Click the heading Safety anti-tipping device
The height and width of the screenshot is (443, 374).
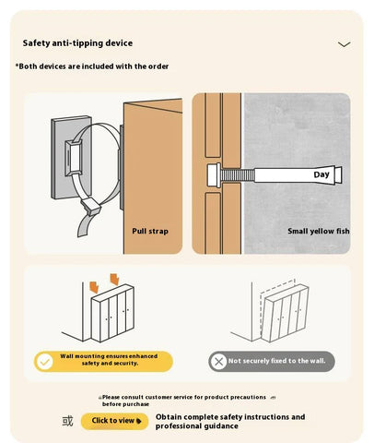click(x=77, y=43)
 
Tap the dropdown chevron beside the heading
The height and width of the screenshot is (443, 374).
click(x=344, y=44)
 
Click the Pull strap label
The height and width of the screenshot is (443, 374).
click(x=150, y=231)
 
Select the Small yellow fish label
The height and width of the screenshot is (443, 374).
click(x=319, y=231)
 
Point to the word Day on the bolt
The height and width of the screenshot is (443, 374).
click(x=321, y=174)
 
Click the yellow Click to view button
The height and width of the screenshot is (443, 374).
click(x=115, y=421)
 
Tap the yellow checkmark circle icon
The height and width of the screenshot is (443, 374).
click(x=45, y=362)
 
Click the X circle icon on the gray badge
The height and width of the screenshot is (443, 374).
click(x=218, y=361)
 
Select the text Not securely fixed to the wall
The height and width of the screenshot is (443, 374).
click(x=276, y=361)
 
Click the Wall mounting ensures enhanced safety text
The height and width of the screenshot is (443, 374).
click(x=110, y=360)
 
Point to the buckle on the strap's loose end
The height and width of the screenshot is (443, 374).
click(x=90, y=206)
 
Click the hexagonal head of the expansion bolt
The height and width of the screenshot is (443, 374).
click(x=214, y=175)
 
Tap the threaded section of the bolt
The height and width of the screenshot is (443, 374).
click(x=238, y=175)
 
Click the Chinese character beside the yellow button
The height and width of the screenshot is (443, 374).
click(x=67, y=421)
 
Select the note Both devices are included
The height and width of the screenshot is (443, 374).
click(x=92, y=66)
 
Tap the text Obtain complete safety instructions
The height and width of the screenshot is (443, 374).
click(x=230, y=422)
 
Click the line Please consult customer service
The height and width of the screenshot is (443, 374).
click(x=184, y=401)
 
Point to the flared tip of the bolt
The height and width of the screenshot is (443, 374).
click(x=338, y=175)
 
